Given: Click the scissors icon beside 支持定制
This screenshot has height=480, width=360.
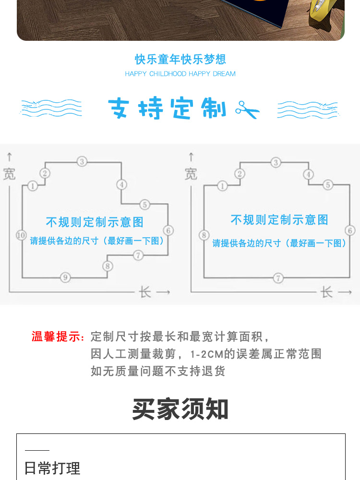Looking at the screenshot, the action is [247, 109].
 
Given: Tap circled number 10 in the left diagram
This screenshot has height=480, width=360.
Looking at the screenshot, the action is [21, 235].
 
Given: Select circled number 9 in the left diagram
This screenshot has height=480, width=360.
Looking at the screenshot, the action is [65, 277].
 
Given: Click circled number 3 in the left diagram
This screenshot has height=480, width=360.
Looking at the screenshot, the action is [82, 161].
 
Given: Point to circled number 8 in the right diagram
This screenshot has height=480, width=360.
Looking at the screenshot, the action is [204, 235].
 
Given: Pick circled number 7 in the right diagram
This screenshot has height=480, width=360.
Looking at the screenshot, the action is [278, 278].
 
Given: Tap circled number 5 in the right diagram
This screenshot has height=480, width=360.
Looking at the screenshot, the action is [328, 185].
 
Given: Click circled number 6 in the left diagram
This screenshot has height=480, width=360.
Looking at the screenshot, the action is [168, 230].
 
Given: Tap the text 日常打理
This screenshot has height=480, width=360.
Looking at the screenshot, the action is [52, 468].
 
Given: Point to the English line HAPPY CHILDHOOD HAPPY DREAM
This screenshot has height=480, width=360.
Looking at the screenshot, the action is [180, 74].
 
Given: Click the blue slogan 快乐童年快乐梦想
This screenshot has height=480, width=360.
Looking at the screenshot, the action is [180, 60].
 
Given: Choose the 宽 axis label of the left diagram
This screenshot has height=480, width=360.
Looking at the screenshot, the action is [9, 174].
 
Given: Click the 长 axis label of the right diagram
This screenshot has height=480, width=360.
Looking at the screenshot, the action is [326, 292].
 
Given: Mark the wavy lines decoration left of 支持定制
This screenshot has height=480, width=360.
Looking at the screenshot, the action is [51, 108].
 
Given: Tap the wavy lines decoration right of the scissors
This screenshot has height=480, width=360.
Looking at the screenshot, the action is [308, 109].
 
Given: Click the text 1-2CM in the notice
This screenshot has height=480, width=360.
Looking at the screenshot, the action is [206, 354].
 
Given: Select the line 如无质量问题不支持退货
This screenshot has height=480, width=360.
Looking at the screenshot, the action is [158, 371].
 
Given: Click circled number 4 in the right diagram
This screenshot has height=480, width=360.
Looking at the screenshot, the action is [308, 174].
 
